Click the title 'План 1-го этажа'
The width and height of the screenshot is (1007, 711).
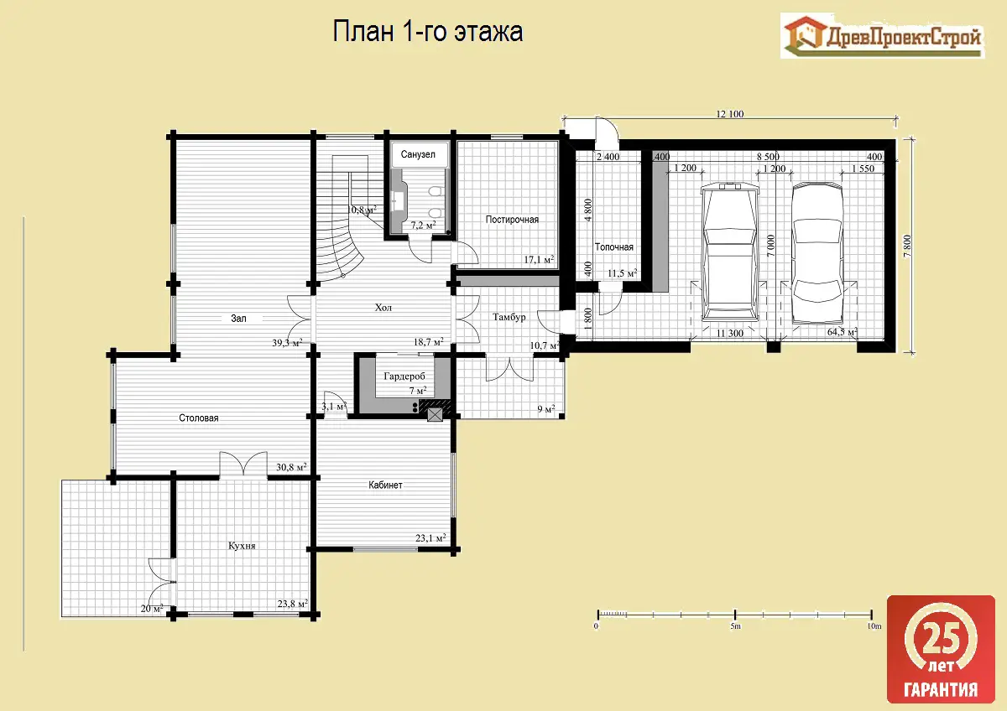pos(427,31)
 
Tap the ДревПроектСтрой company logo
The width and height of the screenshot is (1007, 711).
pos(882,36)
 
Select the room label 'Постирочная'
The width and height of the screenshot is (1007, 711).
pos(512,220)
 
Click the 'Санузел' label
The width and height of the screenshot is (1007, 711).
pos(418,154)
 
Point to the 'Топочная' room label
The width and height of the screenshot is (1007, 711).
pos(614,247)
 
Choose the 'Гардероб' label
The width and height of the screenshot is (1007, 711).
pos(404,376)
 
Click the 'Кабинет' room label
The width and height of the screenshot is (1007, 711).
pos(385,485)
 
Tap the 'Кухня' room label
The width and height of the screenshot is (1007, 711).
pos(242,546)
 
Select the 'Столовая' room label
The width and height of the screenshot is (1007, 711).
pos(199,418)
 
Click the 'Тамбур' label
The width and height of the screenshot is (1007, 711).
pos(509,317)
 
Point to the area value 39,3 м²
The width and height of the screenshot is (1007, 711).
pos(287,343)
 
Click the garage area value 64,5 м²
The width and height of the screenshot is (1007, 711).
pos(842,332)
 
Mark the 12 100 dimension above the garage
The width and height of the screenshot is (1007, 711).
pos(729,114)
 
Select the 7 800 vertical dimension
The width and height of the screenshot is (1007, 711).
pos(907,247)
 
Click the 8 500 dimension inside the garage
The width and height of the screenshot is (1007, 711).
pos(768,157)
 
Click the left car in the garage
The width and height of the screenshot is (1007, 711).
pos(729,253)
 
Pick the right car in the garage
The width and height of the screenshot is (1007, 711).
pos(817,253)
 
